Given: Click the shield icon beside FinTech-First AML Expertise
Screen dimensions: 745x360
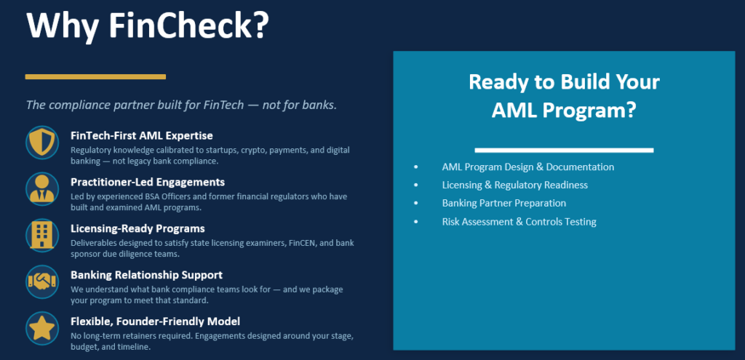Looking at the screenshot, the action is pyautogui.click(x=42, y=143).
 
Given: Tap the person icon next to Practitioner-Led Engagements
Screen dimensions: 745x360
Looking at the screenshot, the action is pyautogui.click(x=42, y=189).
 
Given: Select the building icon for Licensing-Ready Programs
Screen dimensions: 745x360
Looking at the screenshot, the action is pyautogui.click(x=42, y=236).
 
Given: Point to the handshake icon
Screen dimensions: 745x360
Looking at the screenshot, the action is pyautogui.click(x=42, y=281).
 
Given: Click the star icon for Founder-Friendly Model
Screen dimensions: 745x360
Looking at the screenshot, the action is pyautogui.click(x=42, y=328).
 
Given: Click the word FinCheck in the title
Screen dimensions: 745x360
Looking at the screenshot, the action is pyautogui.click(x=189, y=25).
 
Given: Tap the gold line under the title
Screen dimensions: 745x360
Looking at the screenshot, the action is pyautogui.click(x=95, y=76).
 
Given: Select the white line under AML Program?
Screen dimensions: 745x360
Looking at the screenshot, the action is pyautogui.click(x=564, y=150).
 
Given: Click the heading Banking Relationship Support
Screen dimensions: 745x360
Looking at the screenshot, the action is pyautogui.click(x=146, y=275).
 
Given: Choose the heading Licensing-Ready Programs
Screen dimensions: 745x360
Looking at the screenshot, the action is pyautogui.click(x=138, y=228).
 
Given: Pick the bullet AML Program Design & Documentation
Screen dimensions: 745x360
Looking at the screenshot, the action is pyautogui.click(x=528, y=167).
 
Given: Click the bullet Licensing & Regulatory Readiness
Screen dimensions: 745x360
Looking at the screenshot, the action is pyautogui.click(x=515, y=185).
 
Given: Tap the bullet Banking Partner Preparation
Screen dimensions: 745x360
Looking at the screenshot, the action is pyautogui.click(x=504, y=203).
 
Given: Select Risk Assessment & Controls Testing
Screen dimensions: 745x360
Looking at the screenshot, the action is pyautogui.click(x=519, y=222).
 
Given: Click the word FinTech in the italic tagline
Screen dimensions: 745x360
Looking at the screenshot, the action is pyautogui.click(x=221, y=105).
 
